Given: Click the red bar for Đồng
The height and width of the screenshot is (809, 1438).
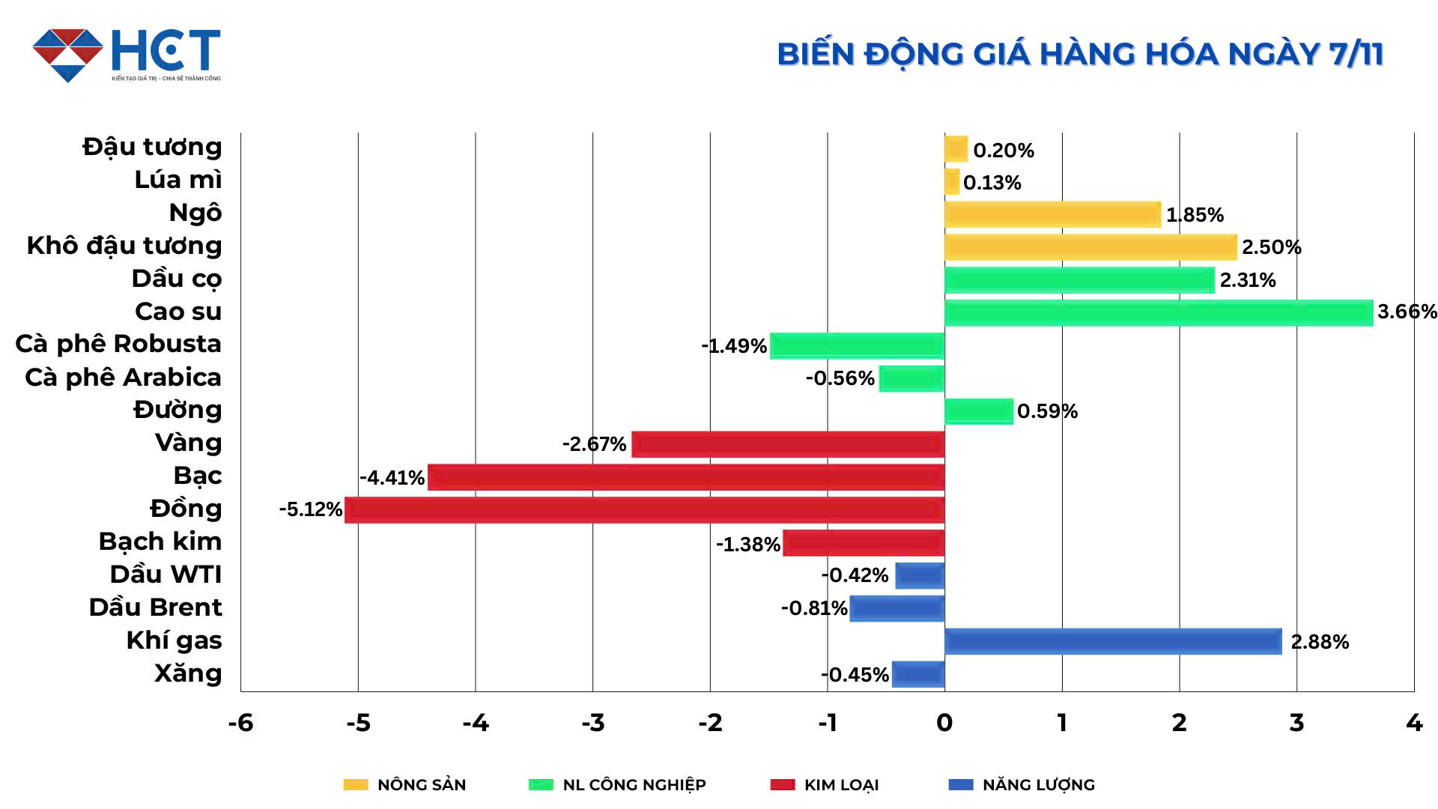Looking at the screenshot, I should pyautogui.click(x=644, y=510).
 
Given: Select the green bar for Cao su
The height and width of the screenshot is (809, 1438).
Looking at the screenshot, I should pyautogui.click(x=1158, y=313).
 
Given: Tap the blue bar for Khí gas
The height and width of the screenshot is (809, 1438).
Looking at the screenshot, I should pyautogui.click(x=1113, y=641).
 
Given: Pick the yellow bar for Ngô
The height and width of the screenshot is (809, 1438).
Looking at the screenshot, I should pyautogui.click(x=1052, y=215).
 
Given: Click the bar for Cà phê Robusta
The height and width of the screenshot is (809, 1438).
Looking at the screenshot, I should pyautogui.click(x=857, y=346).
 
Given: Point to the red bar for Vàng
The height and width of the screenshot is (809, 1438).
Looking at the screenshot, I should pyautogui.click(x=788, y=444).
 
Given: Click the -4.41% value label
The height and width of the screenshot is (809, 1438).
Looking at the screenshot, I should pyautogui.click(x=392, y=478).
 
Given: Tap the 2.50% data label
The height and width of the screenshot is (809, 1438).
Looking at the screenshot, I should pyautogui.click(x=1271, y=247).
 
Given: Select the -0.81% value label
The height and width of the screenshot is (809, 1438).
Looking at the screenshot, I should pyautogui.click(x=813, y=608).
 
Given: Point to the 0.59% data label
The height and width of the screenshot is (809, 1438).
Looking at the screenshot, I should pyautogui.click(x=1047, y=411).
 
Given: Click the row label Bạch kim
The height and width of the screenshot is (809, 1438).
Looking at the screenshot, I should pyautogui.click(x=160, y=542).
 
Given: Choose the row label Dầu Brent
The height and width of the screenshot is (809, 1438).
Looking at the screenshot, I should pyautogui.click(x=156, y=607).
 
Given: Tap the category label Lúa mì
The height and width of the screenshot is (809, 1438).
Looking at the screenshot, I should pyautogui.click(x=178, y=180).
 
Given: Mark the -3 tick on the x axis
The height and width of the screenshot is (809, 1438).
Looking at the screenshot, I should pyautogui.click(x=592, y=723).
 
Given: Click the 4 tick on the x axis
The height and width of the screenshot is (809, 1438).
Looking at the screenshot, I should pyautogui.click(x=1413, y=723).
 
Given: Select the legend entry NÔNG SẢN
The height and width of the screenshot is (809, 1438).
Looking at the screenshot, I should pyautogui.click(x=405, y=785).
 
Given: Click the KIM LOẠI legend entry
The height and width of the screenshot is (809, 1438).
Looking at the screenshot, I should pyautogui.click(x=825, y=785).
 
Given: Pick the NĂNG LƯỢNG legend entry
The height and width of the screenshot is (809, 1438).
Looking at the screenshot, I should pyautogui.click(x=1022, y=785).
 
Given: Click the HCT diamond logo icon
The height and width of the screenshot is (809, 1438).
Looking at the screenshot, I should pyautogui.click(x=67, y=55).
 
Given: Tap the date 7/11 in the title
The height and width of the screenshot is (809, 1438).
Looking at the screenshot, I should pyautogui.click(x=1356, y=55).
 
